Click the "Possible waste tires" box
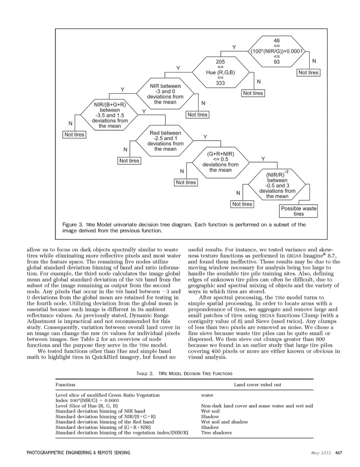(x=298, y=211)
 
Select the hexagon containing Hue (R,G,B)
(x=220, y=72)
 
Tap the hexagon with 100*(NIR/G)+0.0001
(x=276, y=51)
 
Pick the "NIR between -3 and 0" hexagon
(x=165, y=94)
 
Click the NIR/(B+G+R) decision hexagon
(x=109, y=115)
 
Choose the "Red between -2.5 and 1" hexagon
(x=165, y=141)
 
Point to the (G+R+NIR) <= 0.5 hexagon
(x=220, y=162)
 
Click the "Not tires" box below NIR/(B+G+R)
(x=74, y=135)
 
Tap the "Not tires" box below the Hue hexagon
(x=253, y=93)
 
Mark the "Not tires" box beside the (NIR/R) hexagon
(x=242, y=204)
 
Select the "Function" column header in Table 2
(x=65, y=384)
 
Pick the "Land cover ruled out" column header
(x=257, y=384)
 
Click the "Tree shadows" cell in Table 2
(x=216, y=432)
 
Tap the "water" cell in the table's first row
(x=207, y=395)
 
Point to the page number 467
(x=338, y=453)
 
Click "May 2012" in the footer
(x=321, y=453)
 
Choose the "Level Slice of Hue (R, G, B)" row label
(x=86, y=406)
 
